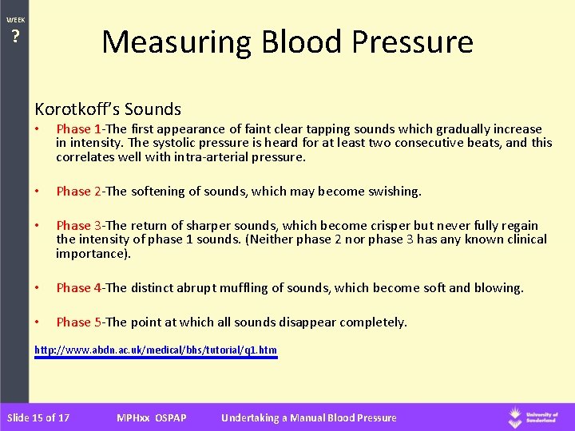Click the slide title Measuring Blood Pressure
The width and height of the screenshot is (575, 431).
287,42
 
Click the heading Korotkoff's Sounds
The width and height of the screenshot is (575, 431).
108,109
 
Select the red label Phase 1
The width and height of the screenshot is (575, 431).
78,129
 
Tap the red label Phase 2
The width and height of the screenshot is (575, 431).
78,192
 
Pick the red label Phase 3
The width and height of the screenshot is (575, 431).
78,226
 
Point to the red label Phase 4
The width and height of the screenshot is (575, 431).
78,288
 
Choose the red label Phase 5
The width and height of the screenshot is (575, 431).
78,322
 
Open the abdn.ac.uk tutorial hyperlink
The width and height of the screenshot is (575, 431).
156,350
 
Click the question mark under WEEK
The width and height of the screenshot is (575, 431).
15,37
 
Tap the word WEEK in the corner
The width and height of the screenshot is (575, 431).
15,20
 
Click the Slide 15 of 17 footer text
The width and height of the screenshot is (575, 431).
38,417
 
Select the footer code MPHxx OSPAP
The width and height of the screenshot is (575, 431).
152,417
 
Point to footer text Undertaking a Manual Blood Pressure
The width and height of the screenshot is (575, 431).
308,417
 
